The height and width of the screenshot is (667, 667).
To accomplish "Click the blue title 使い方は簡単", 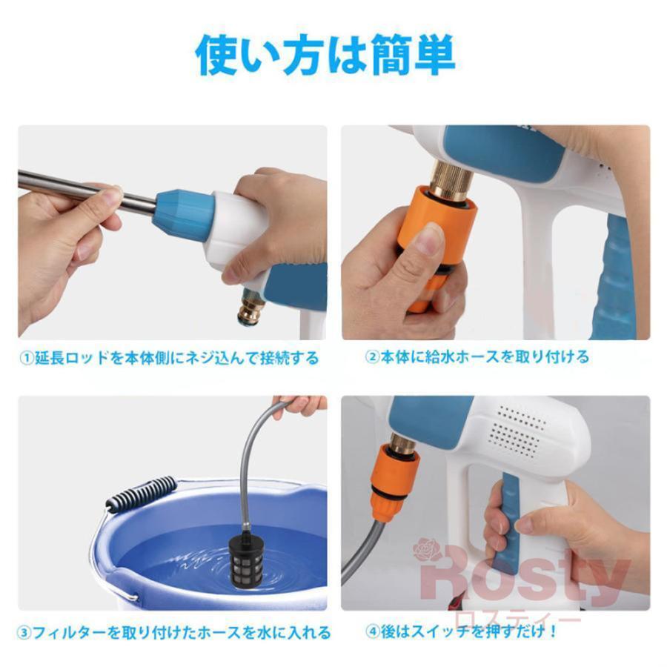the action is pos(325,56).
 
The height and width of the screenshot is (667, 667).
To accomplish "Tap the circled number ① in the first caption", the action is pos(27,358).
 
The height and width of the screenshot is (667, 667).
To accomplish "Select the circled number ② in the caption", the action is pos(372,356).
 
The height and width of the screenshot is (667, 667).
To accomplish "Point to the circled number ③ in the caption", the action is pos(24,633).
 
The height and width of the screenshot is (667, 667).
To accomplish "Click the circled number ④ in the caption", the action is pos(373,631).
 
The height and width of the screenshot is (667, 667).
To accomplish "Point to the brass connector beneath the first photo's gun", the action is pos(251,307).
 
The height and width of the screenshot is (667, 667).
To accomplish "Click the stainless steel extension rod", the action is pos(87,188).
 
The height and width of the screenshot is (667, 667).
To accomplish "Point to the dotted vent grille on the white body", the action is pos(517,431).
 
